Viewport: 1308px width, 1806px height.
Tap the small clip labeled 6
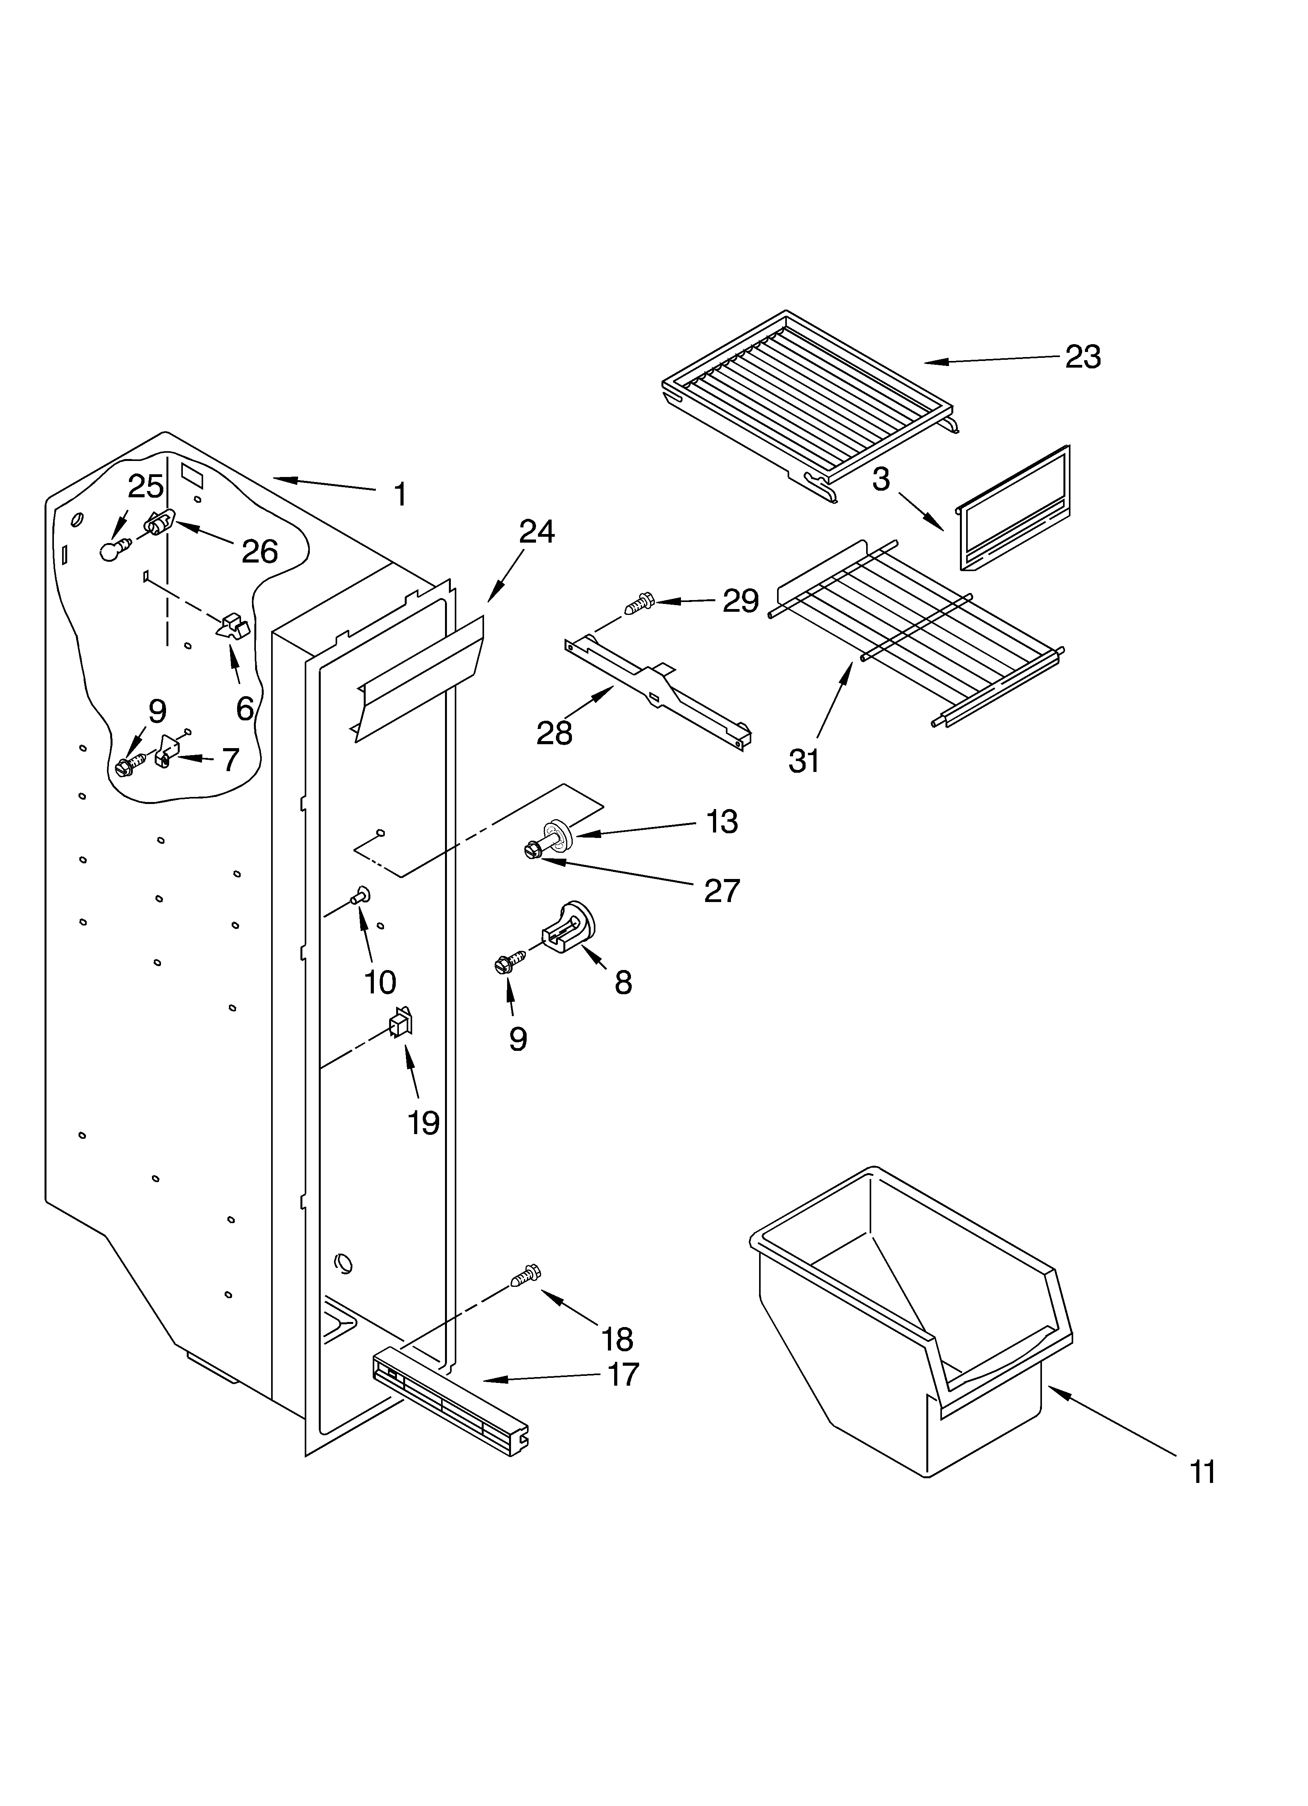(232, 625)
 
